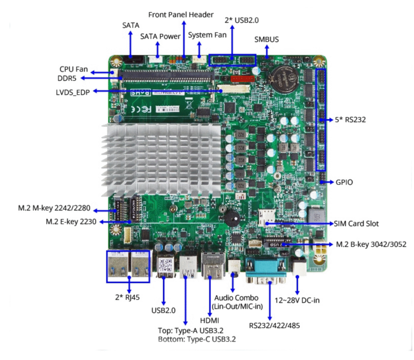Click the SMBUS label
(266, 39)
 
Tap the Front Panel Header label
(181, 15)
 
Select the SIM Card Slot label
(356, 223)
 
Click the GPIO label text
(344, 182)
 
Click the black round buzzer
(230, 219)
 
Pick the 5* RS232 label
(350, 120)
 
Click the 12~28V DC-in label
(298, 300)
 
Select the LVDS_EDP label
(73, 91)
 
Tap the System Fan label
(207, 35)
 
